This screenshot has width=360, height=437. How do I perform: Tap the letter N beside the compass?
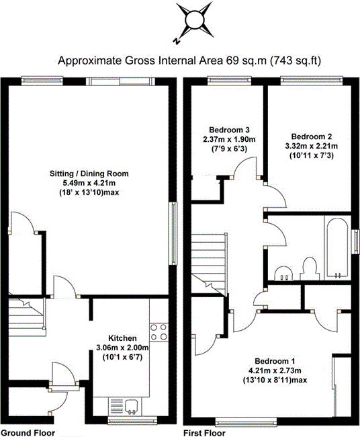[176, 41]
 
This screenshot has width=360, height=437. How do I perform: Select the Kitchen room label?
[122, 338]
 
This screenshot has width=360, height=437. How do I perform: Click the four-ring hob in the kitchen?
[159, 332]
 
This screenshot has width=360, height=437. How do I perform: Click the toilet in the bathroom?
[310, 268]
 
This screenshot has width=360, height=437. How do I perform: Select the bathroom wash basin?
[283, 274]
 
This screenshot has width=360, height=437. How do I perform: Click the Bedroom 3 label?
[229, 130]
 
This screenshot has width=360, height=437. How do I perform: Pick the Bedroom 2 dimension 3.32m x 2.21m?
[311, 146]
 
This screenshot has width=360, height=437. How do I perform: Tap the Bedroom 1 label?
[275, 361]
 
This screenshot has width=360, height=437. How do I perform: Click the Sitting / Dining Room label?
[89, 173]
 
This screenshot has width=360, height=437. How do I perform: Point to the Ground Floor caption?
[28, 433]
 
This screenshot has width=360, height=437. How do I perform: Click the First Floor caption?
[204, 433]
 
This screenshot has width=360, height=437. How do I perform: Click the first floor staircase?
[209, 264]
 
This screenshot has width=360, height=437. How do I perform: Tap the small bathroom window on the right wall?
[355, 241]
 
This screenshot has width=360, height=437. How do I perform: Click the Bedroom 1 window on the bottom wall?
[246, 422]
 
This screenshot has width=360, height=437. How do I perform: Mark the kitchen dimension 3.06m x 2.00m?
[122, 348]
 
